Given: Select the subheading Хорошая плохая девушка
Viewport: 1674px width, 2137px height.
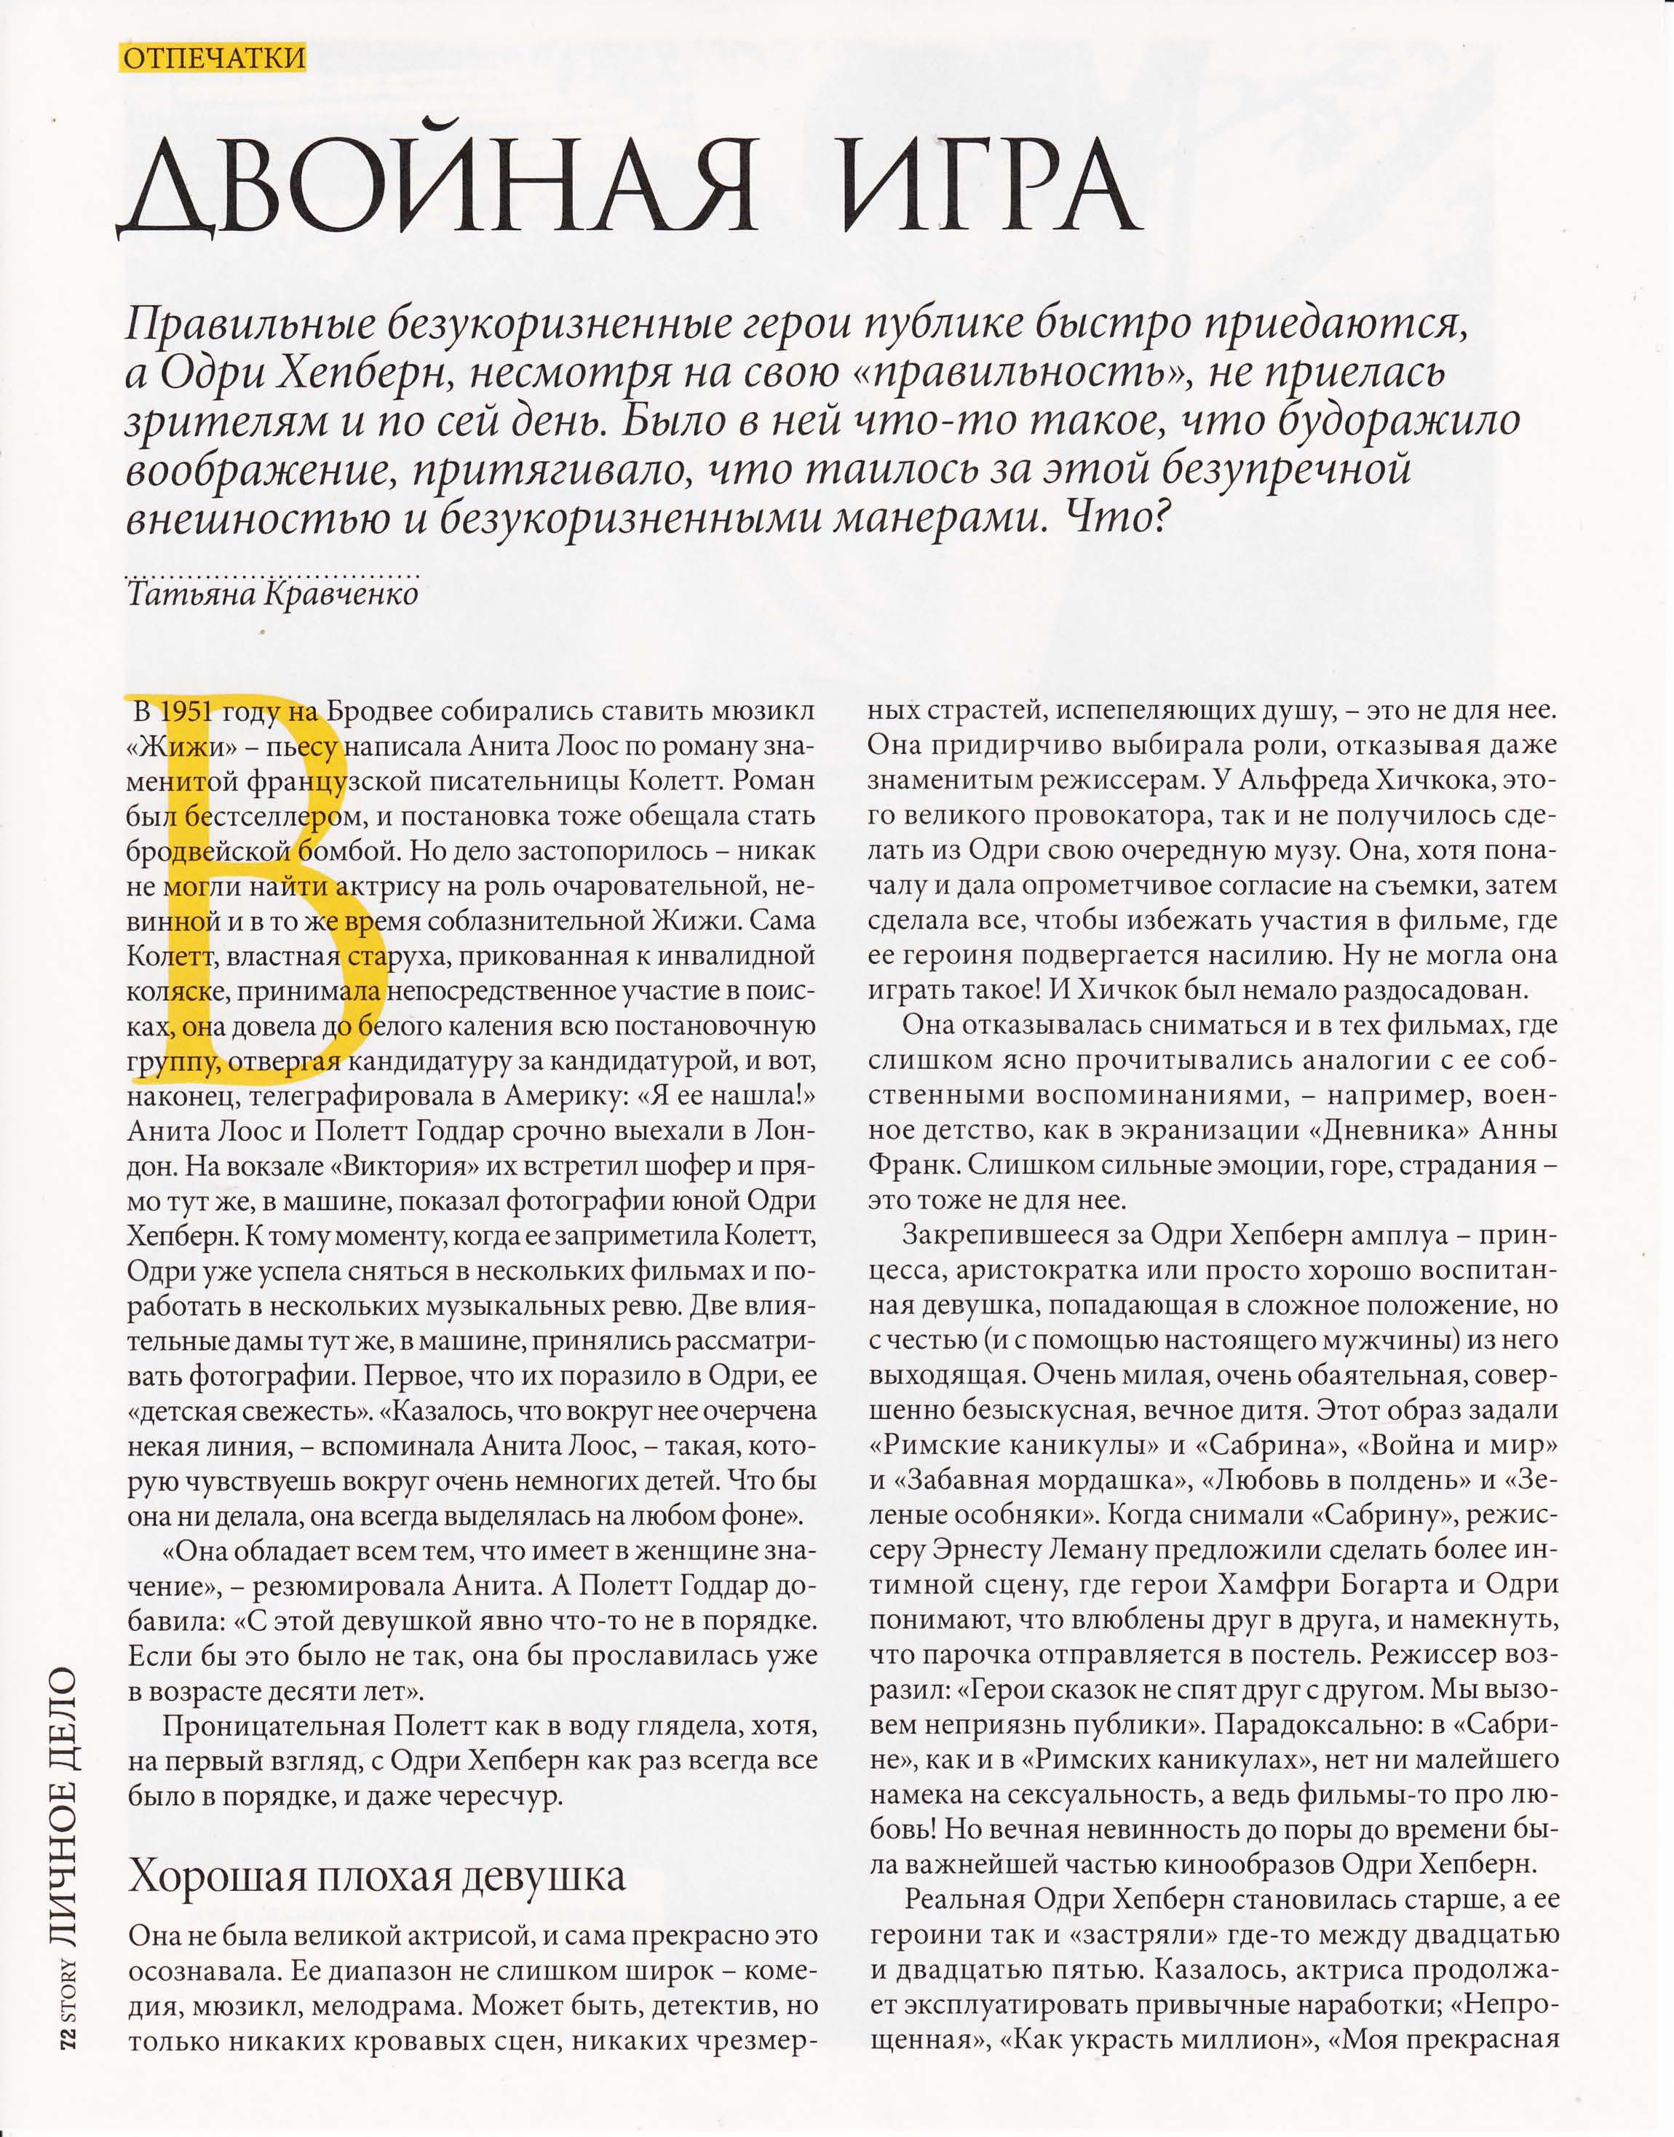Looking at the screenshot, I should pyautogui.click(x=377, y=1876).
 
